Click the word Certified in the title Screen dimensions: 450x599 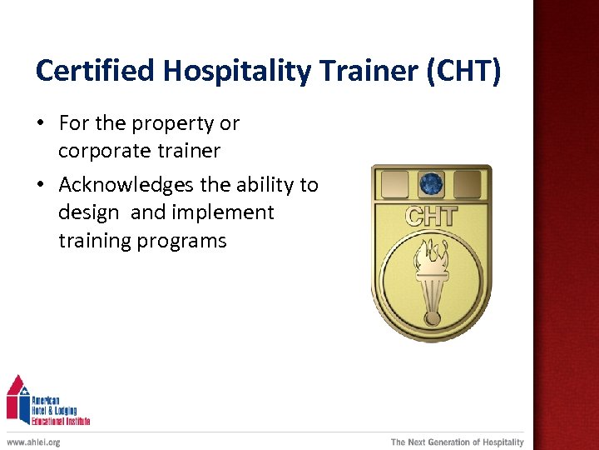click(x=97, y=72)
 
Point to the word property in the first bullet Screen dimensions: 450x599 click(x=171, y=124)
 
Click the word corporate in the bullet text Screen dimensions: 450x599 click(x=104, y=151)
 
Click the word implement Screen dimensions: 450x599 click(x=222, y=212)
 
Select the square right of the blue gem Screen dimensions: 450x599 click(x=467, y=183)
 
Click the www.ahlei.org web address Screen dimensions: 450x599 click(x=33, y=442)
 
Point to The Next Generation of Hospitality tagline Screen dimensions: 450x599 click(x=458, y=442)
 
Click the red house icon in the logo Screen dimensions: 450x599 click(x=17, y=398)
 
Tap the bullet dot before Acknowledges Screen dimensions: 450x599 click(x=42, y=185)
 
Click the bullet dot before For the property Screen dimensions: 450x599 click(x=42, y=124)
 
